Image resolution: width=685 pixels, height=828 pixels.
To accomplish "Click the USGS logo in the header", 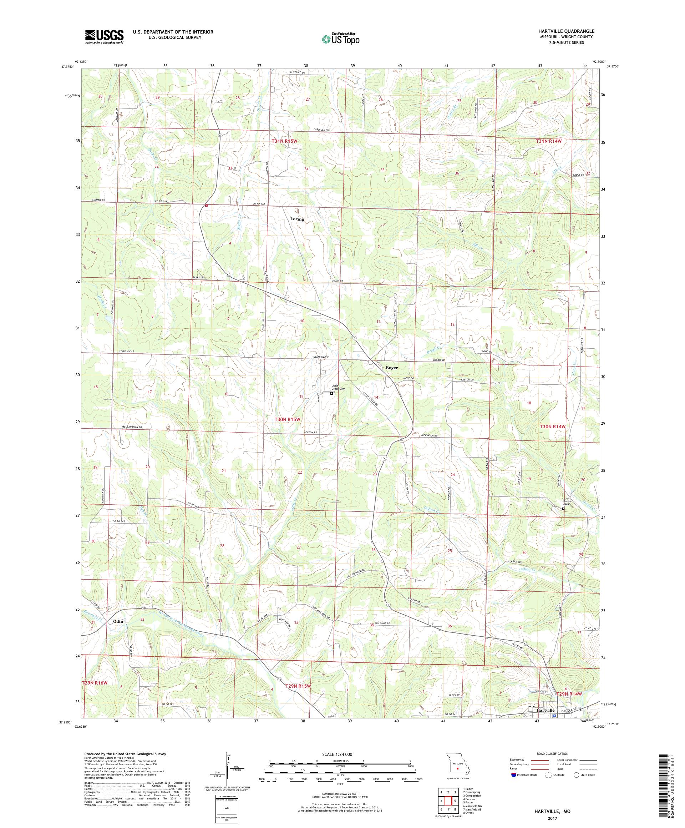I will pyautogui.click(x=104, y=37).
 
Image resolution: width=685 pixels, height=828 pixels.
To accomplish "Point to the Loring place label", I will pyautogui.click(x=297, y=219).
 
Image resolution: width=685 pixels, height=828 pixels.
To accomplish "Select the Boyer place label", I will pyautogui.click(x=391, y=368).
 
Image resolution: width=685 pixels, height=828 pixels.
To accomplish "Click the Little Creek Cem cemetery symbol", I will pyautogui.click(x=331, y=393).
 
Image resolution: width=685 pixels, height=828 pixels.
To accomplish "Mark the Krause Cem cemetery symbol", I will pyautogui.click(x=563, y=509).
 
